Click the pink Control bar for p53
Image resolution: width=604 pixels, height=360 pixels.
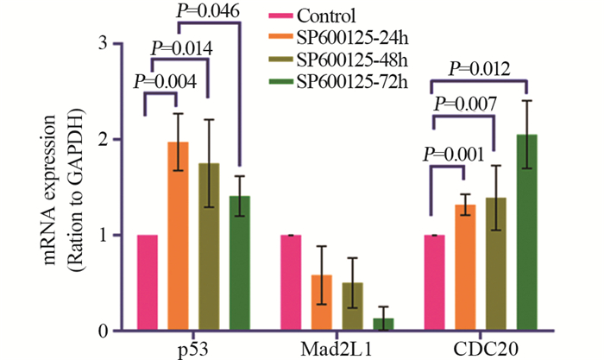pyautogui.click(x=147, y=283)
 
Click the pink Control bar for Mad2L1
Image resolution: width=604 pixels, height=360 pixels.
pyautogui.click(x=292, y=283)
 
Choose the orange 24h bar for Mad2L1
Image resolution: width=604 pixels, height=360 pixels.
pyautogui.click(x=322, y=303)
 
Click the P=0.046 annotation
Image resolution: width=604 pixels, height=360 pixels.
pyautogui.click(x=220, y=13)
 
